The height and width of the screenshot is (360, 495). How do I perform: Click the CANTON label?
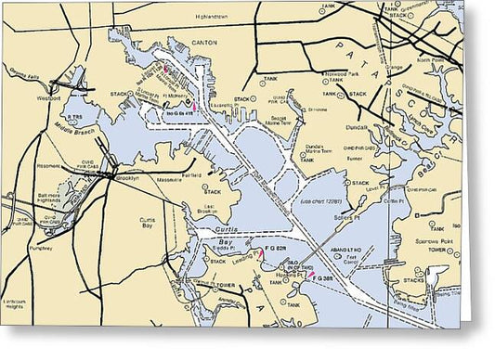(x=202, y=42)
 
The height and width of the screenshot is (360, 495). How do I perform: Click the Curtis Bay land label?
(x=145, y=222)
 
